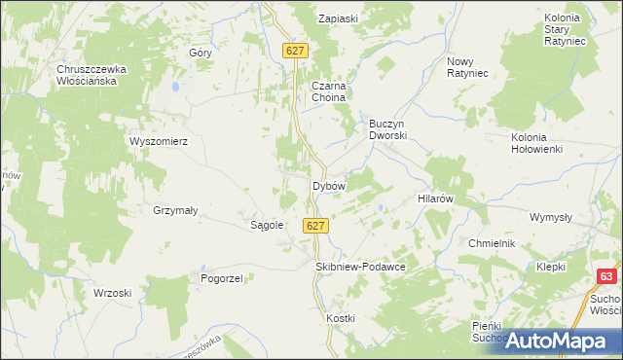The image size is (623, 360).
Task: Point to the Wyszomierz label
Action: tap(158, 140)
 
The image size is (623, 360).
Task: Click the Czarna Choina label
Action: tap(329, 91)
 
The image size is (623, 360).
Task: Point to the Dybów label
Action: tap(328, 185)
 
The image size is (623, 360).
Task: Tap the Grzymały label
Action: tap(175, 210)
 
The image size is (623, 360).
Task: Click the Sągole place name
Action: tap(267, 225)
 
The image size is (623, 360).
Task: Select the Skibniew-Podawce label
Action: tap(360, 266)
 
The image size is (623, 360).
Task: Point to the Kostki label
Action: tap(342, 318)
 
